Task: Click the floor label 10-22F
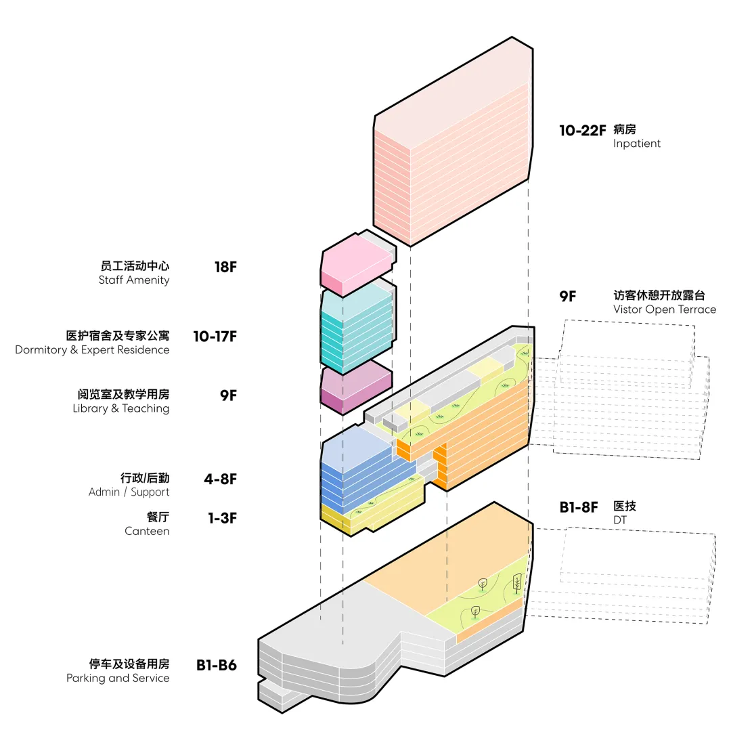[x=582, y=130]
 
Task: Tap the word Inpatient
[x=637, y=144]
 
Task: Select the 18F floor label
[x=225, y=266]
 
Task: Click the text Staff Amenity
[x=134, y=280]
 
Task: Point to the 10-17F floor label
[x=215, y=336]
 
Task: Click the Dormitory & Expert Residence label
[x=93, y=350]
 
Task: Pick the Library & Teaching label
[x=121, y=408]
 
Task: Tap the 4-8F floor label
[x=221, y=479]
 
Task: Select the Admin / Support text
[x=129, y=492]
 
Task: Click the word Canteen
[x=147, y=531]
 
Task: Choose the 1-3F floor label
[x=222, y=518]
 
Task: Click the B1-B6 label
[x=217, y=665]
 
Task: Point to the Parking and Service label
[x=118, y=678]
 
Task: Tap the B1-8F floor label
[x=579, y=507]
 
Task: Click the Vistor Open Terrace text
[x=665, y=309]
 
